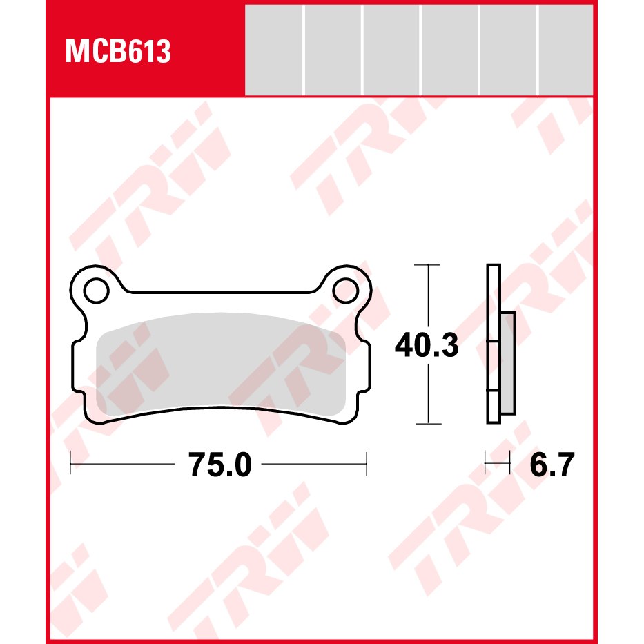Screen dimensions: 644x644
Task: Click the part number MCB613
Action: [118, 51]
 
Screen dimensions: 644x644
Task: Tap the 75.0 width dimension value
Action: [219, 465]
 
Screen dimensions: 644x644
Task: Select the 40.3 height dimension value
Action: [427, 345]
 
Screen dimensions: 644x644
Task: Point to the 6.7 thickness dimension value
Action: [552, 465]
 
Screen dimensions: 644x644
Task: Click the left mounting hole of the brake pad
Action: [97, 291]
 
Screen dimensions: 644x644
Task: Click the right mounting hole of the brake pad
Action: [345, 291]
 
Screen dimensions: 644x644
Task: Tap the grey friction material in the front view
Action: [221, 364]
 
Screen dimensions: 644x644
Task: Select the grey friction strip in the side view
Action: [508, 363]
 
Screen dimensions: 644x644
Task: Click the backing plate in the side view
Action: [494, 344]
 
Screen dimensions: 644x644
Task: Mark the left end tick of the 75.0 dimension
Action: [70, 463]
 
